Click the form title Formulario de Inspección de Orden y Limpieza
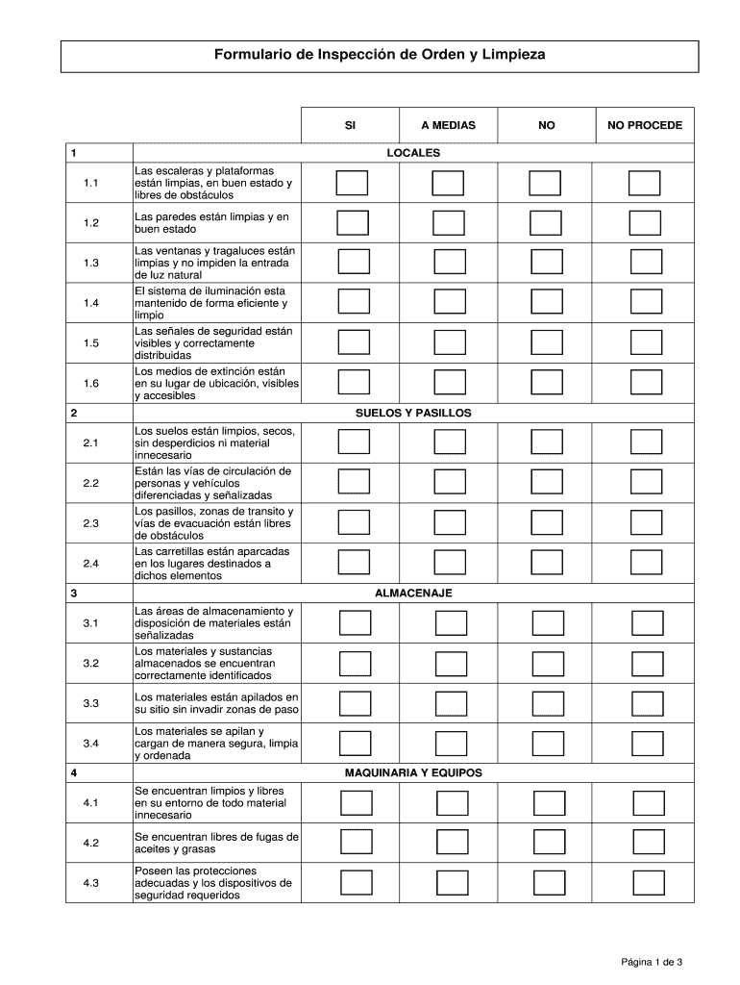pyautogui.click(x=379, y=56)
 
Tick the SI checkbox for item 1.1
pyautogui.click(x=352, y=183)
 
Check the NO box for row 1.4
pyautogui.click(x=547, y=301)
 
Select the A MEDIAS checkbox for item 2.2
pyautogui.click(x=449, y=482)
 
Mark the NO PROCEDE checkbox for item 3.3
pyautogui.click(x=647, y=703)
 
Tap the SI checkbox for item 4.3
pyautogui.click(x=357, y=882)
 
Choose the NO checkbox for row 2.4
pyautogui.click(x=548, y=562)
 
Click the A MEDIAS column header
pyautogui.click(x=448, y=125)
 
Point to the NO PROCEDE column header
pyautogui.click(x=645, y=125)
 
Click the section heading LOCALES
pyautogui.click(x=412, y=153)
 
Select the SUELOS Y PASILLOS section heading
pyautogui.click(x=412, y=413)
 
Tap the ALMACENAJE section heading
pyautogui.click(x=413, y=593)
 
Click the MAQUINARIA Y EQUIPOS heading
pyautogui.click(x=413, y=772)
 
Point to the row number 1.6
pyautogui.click(x=91, y=383)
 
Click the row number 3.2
pyautogui.click(x=91, y=664)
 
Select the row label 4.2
pyautogui.click(x=91, y=843)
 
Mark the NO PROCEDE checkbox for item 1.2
pyautogui.click(x=645, y=223)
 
